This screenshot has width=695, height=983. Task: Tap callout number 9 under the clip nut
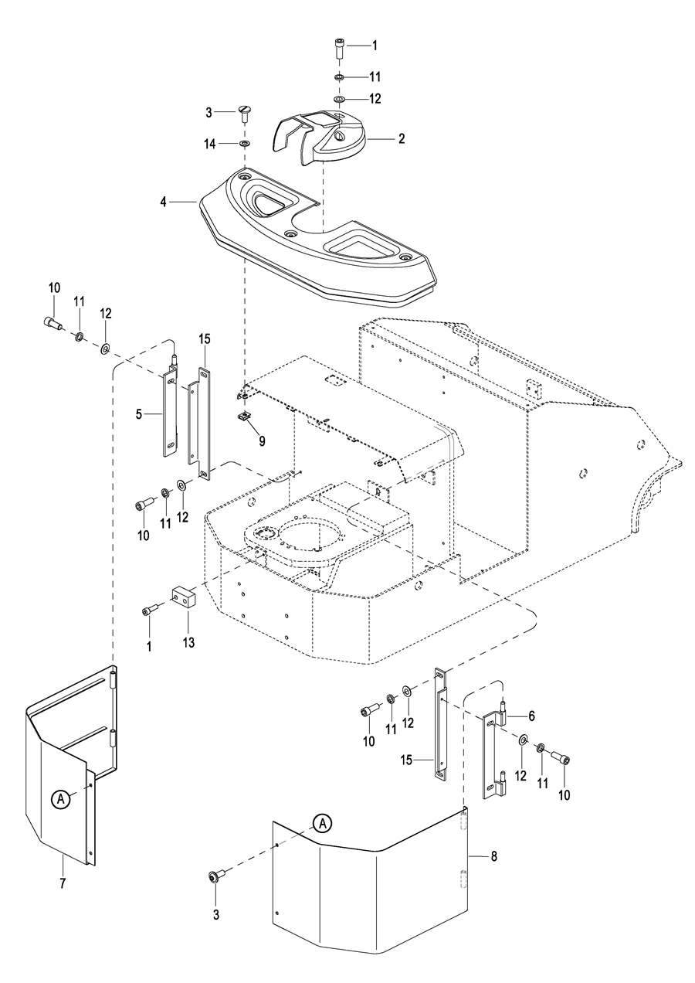click(x=262, y=441)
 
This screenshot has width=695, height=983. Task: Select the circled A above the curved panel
click(x=324, y=824)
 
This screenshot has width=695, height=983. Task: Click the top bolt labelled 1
click(x=341, y=46)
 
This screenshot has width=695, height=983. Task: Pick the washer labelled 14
click(x=245, y=144)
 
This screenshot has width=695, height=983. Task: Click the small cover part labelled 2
click(x=325, y=133)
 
